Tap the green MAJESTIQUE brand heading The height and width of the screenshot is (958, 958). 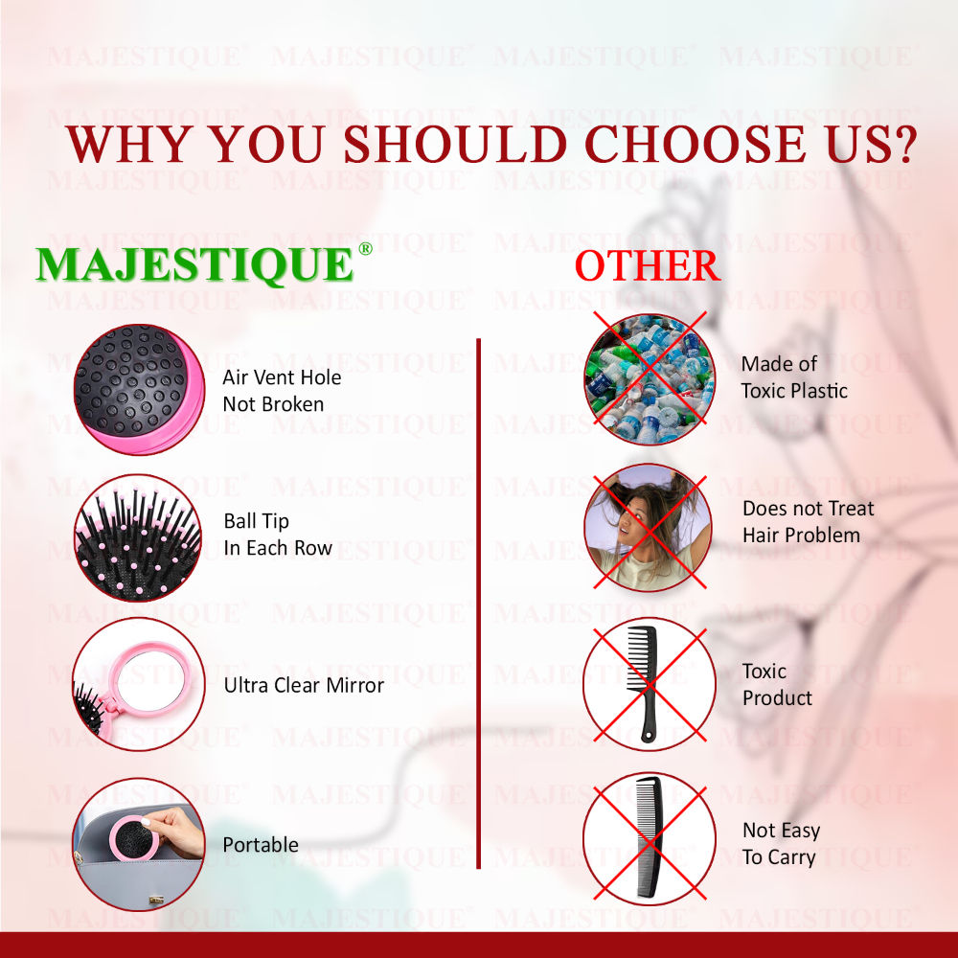click(x=194, y=265)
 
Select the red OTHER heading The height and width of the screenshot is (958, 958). click(x=648, y=265)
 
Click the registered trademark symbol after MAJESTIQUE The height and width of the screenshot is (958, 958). click(x=365, y=248)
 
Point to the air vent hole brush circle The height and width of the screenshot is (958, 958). click(x=139, y=389)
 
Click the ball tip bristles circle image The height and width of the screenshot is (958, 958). click(x=138, y=537)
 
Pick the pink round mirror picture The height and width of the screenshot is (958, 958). click(x=139, y=684)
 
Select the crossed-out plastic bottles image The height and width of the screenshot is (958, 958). click(x=650, y=378)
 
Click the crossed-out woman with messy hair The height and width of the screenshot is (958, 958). click(x=649, y=528)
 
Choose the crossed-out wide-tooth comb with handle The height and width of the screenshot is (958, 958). click(x=650, y=684)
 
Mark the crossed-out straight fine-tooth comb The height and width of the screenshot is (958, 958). click(x=650, y=839)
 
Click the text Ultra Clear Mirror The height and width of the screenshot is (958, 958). click(x=304, y=686)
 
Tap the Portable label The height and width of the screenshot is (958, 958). click(x=261, y=845)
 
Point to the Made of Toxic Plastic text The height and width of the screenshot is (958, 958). click(x=794, y=376)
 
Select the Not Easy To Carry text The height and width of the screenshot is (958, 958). click(x=781, y=844)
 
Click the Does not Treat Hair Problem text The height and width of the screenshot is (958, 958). click(x=808, y=522)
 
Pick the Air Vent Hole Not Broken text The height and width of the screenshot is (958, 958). click(x=282, y=391)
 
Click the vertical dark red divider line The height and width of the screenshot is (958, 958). click(x=478, y=603)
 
